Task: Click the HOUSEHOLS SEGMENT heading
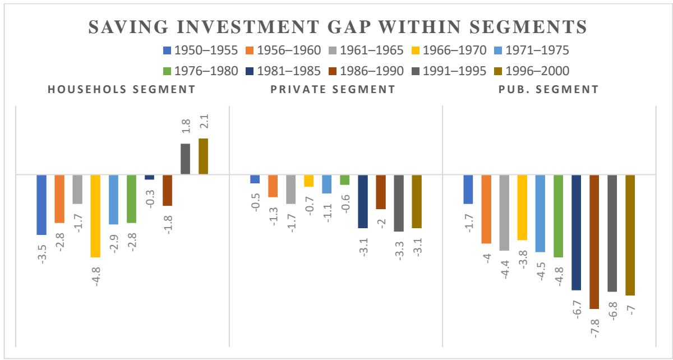122,89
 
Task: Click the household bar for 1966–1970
95,216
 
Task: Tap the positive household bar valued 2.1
203,156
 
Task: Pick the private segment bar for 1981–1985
363,201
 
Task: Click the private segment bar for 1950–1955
255,179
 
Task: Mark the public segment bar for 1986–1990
594,241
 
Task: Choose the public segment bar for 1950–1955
468,189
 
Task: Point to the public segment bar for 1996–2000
630,235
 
